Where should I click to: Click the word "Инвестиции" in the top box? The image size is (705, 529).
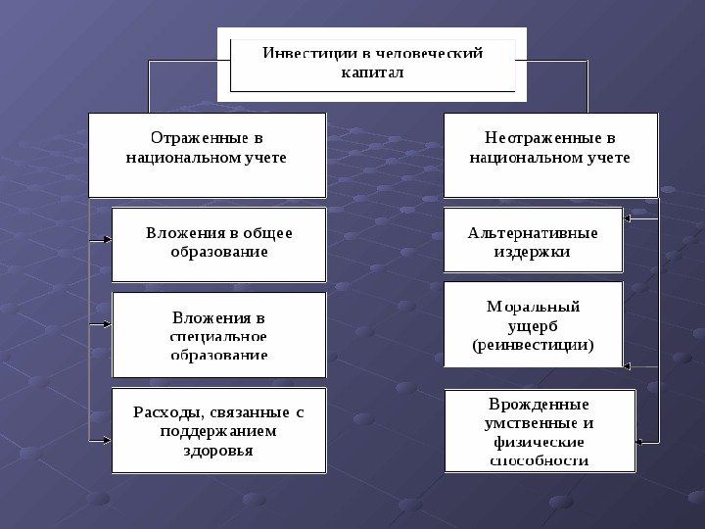click(x=299, y=53)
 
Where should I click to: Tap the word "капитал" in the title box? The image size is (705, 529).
click(x=372, y=72)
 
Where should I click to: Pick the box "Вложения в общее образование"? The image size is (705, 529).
click(x=218, y=243)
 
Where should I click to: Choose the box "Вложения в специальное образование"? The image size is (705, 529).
click(x=218, y=334)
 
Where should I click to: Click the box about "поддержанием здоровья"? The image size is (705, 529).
click(x=218, y=431)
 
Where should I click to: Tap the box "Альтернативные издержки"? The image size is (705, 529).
click(x=533, y=239)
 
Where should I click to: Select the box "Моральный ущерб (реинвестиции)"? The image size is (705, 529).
click(x=533, y=324)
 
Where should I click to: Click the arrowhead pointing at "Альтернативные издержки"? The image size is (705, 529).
click(x=628, y=218)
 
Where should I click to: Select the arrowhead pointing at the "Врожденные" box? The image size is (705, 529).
click(x=639, y=442)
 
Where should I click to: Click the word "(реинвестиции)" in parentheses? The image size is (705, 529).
click(x=533, y=345)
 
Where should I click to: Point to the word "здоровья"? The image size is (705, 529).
click(x=218, y=451)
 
